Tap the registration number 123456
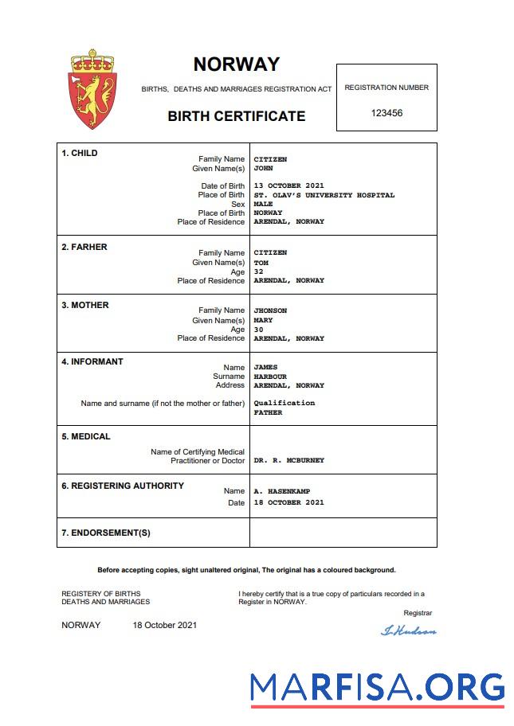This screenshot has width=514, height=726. click(386, 113)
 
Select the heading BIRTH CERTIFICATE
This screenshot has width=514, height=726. click(236, 116)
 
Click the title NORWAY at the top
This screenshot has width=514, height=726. click(236, 64)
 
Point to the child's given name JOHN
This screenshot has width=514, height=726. click(263, 169)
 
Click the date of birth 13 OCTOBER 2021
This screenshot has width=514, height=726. click(288, 186)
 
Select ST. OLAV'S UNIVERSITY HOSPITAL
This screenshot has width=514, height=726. click(324, 195)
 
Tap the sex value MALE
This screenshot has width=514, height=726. click(263, 204)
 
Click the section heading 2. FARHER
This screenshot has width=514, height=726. click(84, 247)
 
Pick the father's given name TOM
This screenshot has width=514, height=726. click(261, 262)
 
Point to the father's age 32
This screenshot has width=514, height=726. click(258, 271)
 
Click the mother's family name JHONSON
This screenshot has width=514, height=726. click(270, 310)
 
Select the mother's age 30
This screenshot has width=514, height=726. click(258, 330)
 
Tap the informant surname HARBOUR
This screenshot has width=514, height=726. click(270, 377)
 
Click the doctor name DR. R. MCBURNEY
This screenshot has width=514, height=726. click(288, 461)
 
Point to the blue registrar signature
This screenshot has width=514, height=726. click(409, 631)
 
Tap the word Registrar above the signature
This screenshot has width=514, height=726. click(418, 613)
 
